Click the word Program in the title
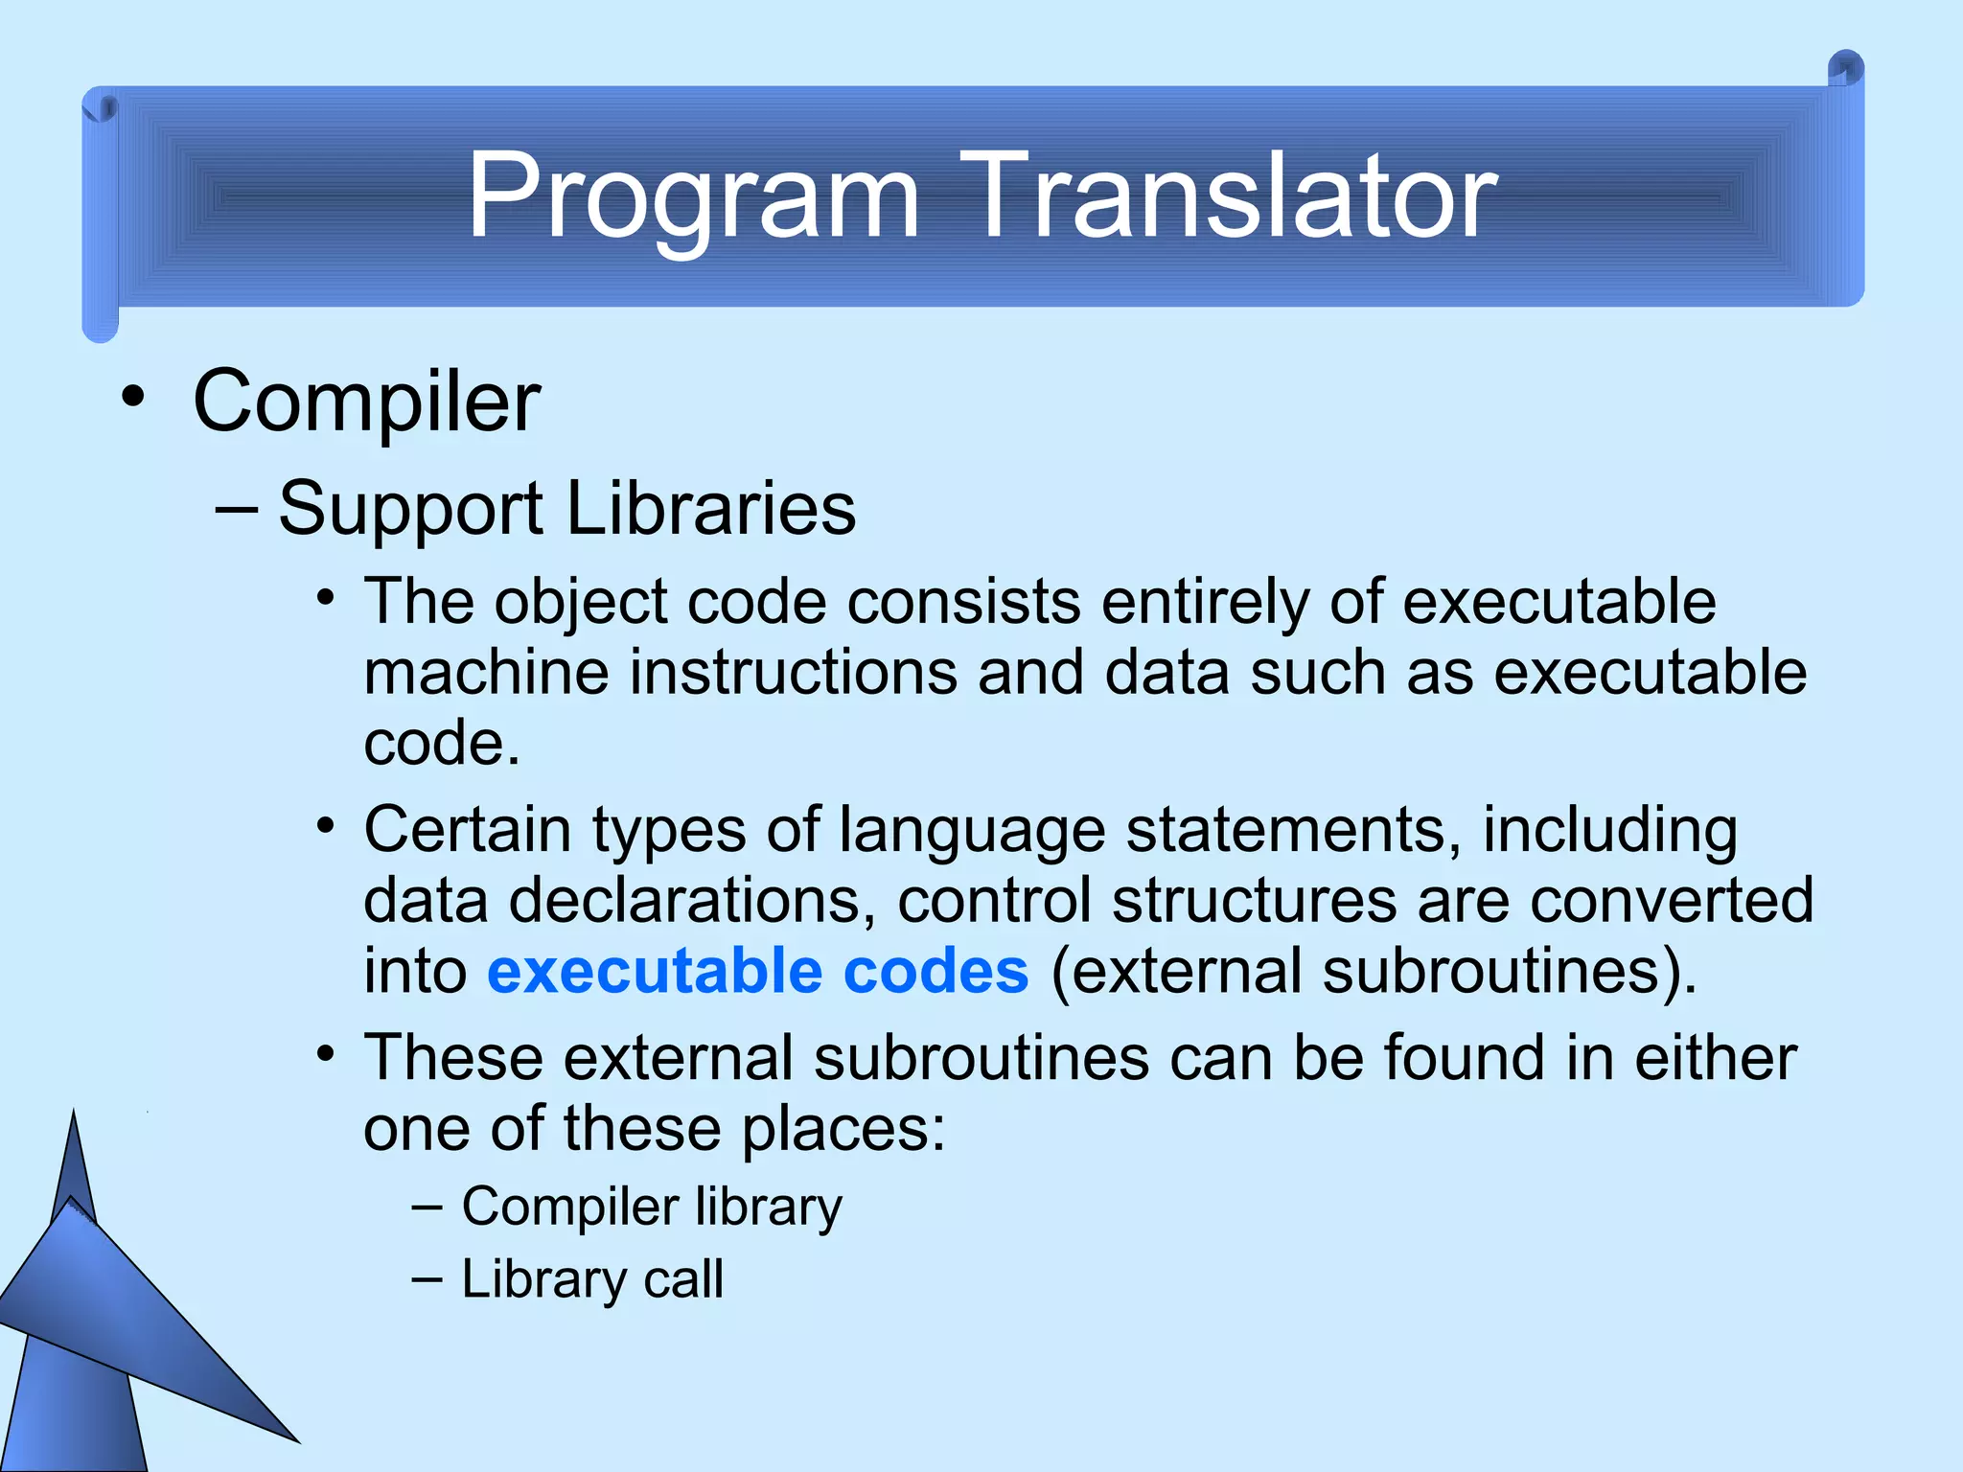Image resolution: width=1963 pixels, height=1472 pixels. pos(692,197)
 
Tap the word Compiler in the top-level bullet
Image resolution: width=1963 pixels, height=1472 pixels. pos(366,402)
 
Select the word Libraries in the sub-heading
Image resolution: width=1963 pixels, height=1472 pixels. pos(710,508)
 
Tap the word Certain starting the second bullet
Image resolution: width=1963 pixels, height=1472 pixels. pos(467,829)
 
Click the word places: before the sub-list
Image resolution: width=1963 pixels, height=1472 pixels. pos(843,1129)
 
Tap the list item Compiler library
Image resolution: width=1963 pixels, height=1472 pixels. pos(651,1207)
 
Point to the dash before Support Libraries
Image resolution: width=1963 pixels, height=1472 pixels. pos(236,508)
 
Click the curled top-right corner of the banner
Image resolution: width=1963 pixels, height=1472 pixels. pos(1845,69)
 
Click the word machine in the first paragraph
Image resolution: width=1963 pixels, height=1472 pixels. pos(486,673)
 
